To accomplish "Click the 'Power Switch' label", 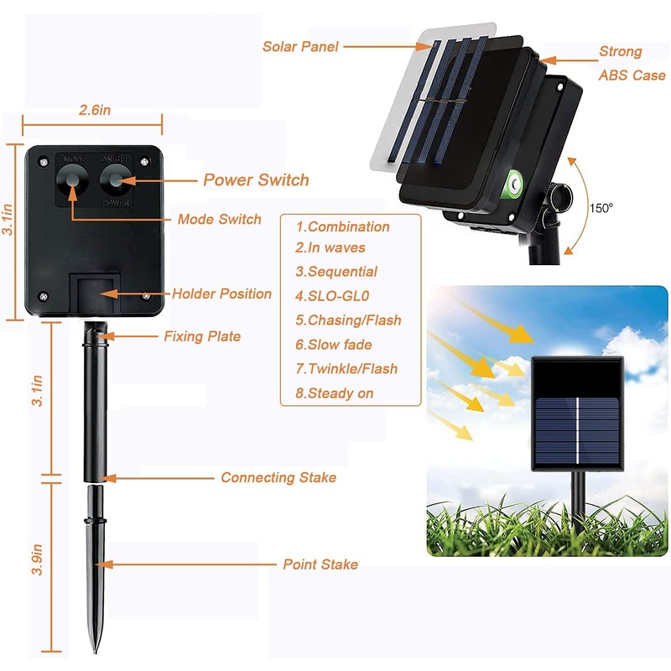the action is click(x=256, y=179).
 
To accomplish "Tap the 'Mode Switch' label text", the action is click(x=219, y=219).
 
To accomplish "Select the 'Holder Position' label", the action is click(x=221, y=294).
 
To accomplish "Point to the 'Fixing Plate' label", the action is click(x=201, y=336).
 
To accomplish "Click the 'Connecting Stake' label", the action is click(x=278, y=477).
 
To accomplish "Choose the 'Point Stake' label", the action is click(x=320, y=564).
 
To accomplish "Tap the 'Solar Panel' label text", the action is click(x=300, y=47).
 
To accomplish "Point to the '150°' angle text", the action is click(x=601, y=207).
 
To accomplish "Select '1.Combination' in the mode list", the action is click(x=342, y=226).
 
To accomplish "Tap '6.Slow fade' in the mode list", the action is click(x=333, y=344).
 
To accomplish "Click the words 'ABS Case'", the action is click(x=632, y=75).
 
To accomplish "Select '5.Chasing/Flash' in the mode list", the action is click(x=348, y=320).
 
